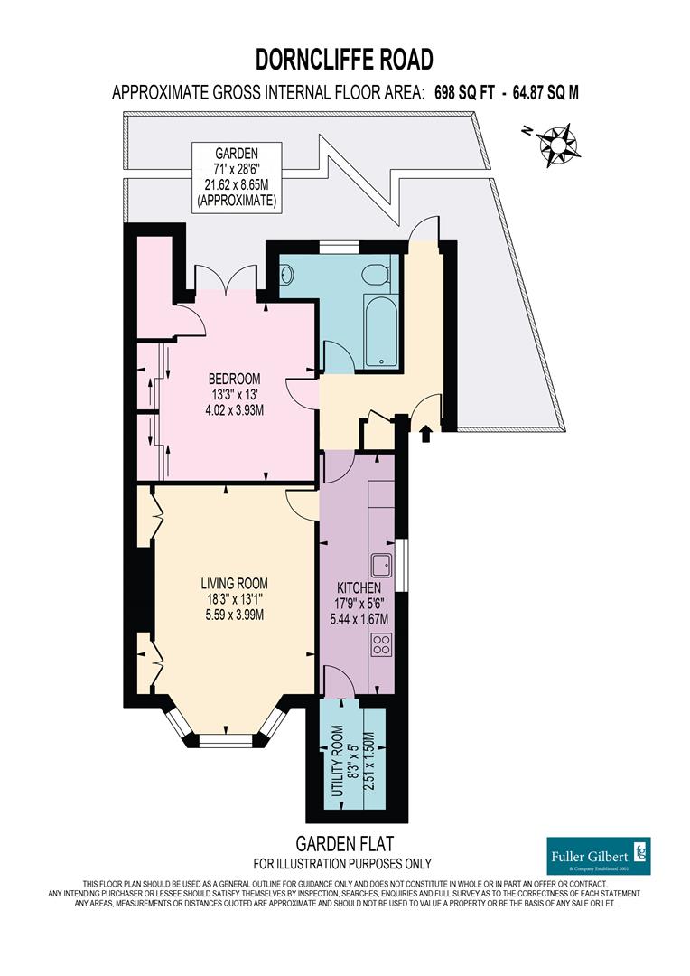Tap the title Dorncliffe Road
[344, 60]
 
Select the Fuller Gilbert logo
[599, 854]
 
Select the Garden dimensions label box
[237, 176]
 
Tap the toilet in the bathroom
[375, 273]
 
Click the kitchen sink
[383, 565]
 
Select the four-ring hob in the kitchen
[382, 644]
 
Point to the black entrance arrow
[425, 435]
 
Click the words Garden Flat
[342, 844]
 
